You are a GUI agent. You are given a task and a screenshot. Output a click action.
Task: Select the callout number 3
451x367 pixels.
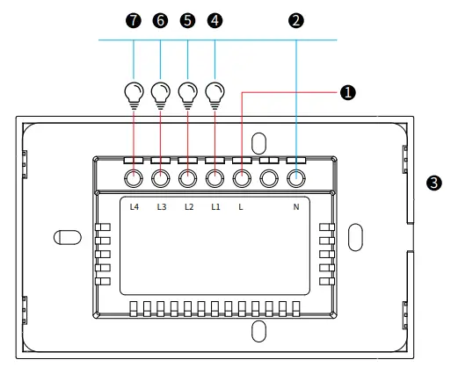pyautogui.click(x=432, y=183)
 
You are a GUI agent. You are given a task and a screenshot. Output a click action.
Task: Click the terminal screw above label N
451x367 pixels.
pyautogui.click(x=296, y=179)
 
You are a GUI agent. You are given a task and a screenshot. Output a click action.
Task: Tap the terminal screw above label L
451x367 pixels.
pyautogui.click(x=242, y=179)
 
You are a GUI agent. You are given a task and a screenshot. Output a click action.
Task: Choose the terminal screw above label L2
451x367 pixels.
pyautogui.click(x=187, y=179)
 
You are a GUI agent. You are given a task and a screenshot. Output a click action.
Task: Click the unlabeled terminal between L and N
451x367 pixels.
pyautogui.click(x=269, y=179)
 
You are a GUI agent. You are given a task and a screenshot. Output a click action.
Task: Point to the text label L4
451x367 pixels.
pyautogui.click(x=135, y=208)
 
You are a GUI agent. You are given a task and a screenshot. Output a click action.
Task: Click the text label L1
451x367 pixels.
pyautogui.click(x=215, y=208)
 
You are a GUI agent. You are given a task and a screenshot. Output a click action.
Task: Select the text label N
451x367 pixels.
pyautogui.click(x=296, y=208)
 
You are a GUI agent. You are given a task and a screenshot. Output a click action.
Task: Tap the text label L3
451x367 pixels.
pyautogui.click(x=162, y=208)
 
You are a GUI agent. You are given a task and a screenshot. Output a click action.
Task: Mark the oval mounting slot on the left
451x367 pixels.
pyautogui.click(x=67, y=237)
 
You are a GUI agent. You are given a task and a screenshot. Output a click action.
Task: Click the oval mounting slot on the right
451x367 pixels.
pyautogui.click(x=354, y=236)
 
